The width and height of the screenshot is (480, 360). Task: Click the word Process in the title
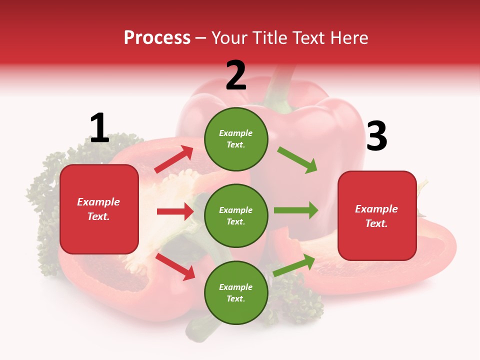pos(157,38)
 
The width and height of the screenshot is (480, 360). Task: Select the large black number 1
pos(99,128)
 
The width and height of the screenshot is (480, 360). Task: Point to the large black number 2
pos(236,75)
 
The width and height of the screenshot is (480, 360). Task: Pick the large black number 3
pos(376,136)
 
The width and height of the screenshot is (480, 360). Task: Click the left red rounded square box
pos(99,209)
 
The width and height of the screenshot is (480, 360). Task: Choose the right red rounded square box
pos(377,216)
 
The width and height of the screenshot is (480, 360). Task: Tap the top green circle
pos(236,139)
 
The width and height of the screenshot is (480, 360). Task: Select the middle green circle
pos(236,216)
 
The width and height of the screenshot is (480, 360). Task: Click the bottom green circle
pos(236,293)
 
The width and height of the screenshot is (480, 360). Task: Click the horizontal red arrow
pos(175,211)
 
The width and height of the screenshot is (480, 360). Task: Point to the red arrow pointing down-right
pos(175,266)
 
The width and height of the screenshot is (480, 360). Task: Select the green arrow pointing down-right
pos(297,159)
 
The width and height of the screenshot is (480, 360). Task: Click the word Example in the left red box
pos(98,202)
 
